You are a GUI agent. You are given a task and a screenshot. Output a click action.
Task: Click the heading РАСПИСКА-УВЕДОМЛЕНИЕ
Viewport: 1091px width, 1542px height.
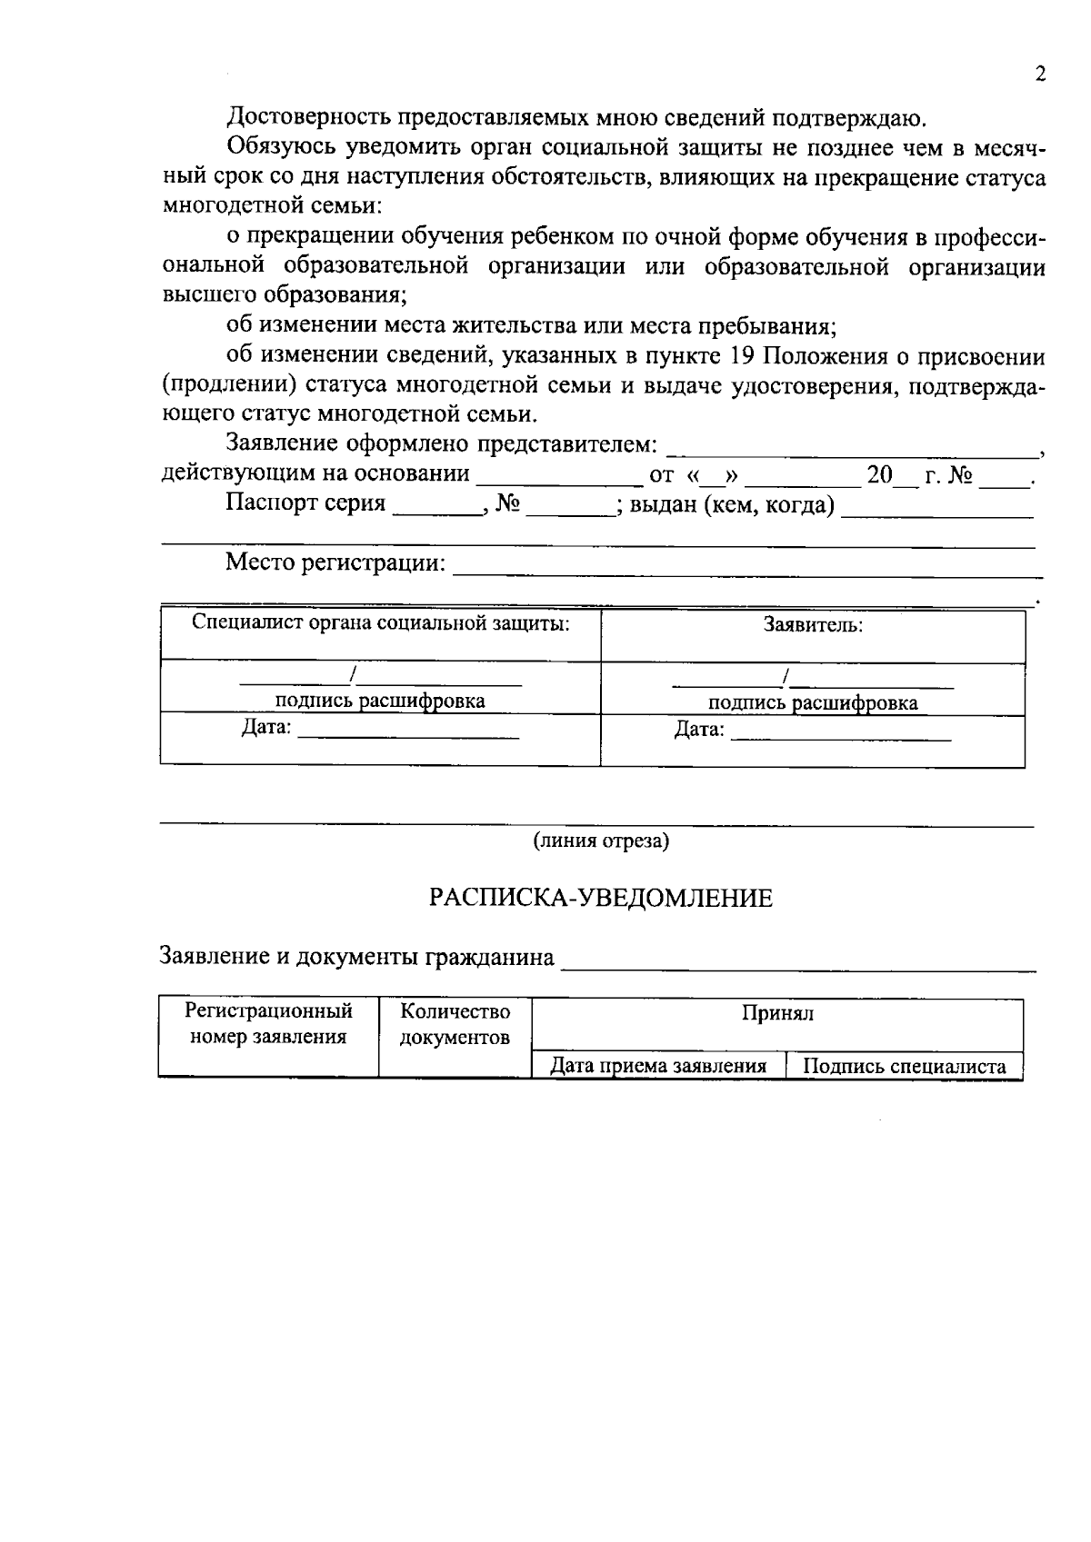(601, 899)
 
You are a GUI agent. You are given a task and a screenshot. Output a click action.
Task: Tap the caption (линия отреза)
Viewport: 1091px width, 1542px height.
(601, 841)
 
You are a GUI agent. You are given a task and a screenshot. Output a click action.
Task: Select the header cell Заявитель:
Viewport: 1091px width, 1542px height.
(813, 625)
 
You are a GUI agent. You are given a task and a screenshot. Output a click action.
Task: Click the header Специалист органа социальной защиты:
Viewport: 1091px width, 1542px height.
(381, 623)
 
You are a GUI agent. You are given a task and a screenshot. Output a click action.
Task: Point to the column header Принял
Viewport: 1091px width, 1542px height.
(777, 1014)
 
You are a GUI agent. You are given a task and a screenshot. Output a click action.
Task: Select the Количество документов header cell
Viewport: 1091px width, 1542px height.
(455, 1024)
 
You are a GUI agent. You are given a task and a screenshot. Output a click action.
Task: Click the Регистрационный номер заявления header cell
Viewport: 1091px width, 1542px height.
(268, 1024)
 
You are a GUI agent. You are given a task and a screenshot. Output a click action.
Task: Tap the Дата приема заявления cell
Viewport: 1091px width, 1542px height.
(658, 1066)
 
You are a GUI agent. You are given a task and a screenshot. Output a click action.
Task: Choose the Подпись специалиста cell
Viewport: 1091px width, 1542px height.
(905, 1067)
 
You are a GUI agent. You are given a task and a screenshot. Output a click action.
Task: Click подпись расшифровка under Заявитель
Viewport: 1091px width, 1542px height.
(813, 703)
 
